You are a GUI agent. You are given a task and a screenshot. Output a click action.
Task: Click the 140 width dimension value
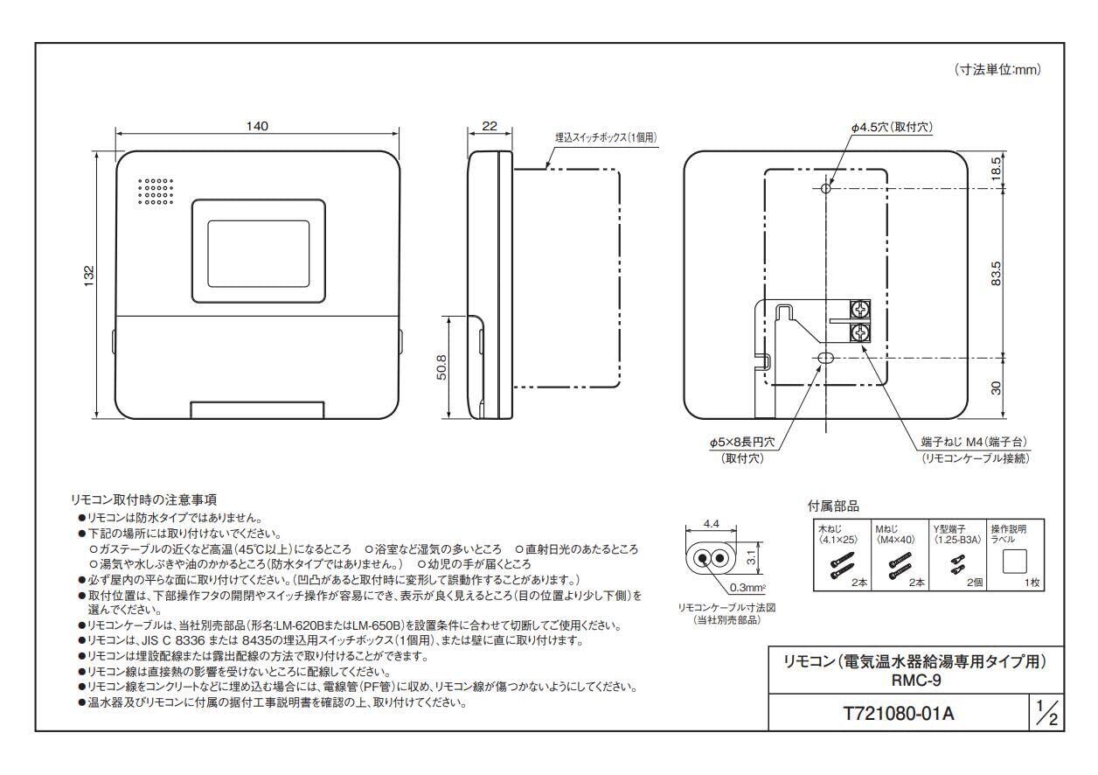point(256,126)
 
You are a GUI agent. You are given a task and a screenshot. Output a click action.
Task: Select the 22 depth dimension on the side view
point(489,126)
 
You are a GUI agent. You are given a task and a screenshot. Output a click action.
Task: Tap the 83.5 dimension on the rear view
point(996,272)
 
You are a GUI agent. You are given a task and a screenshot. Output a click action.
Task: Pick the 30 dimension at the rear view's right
point(996,387)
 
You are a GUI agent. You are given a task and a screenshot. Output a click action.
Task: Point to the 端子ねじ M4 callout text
point(972,444)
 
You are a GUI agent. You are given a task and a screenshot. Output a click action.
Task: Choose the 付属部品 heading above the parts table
point(833,505)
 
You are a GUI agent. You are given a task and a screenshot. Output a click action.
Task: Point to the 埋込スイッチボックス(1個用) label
point(605,137)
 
